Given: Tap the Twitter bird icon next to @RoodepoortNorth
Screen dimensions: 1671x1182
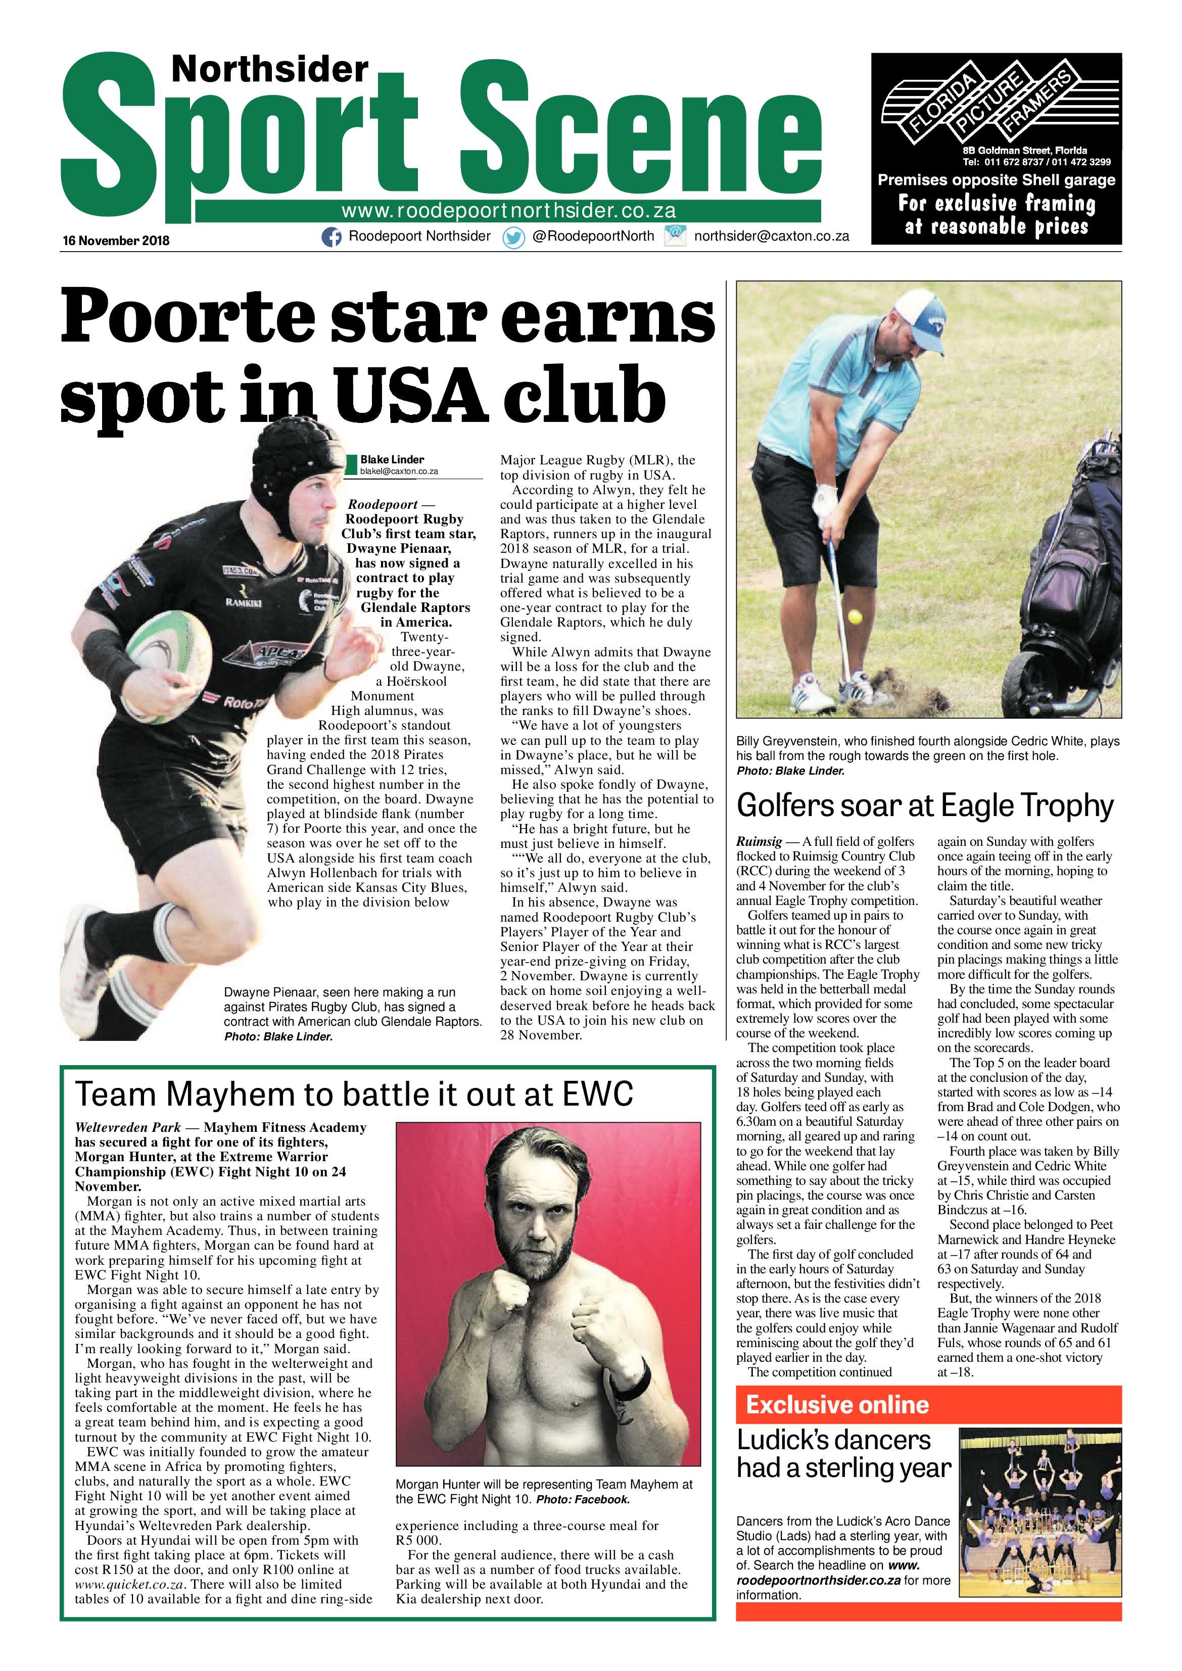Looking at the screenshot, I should click(x=514, y=238).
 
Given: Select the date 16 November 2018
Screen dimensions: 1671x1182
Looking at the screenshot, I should click(x=116, y=240).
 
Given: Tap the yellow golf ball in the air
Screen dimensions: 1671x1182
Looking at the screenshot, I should click(x=855, y=617).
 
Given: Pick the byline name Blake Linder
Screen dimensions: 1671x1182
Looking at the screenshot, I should click(x=392, y=459).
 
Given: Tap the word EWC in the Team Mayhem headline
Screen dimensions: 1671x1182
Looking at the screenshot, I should click(x=598, y=1094).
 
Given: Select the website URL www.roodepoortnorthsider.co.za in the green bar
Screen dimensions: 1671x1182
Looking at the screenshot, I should click(x=508, y=211).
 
